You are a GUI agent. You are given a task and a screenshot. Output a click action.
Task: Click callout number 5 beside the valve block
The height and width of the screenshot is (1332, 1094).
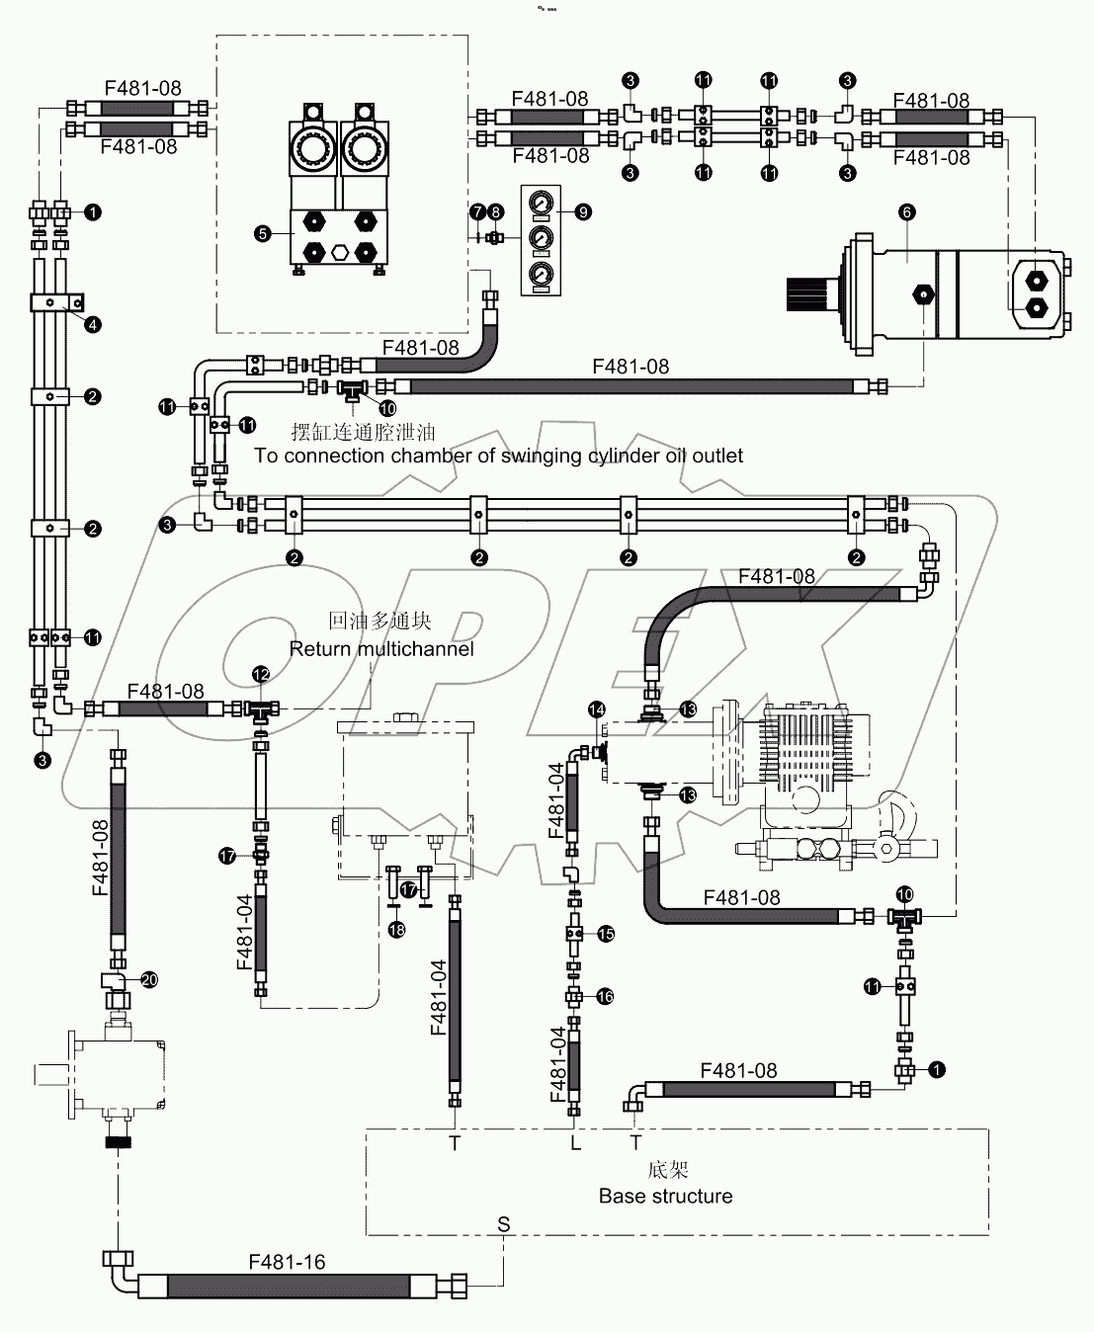click(x=262, y=234)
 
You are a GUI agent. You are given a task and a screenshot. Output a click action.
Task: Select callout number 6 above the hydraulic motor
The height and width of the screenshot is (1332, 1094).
click(x=907, y=211)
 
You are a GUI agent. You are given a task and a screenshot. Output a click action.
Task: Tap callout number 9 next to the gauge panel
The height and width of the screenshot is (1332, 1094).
click(x=583, y=211)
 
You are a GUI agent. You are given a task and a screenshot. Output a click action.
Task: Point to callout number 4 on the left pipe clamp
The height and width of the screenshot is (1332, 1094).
click(x=91, y=324)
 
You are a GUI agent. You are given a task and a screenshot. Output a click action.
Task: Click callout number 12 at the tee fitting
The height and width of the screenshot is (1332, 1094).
click(x=261, y=673)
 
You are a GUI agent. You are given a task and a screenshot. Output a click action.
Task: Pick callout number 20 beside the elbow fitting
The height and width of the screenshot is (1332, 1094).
click(x=149, y=979)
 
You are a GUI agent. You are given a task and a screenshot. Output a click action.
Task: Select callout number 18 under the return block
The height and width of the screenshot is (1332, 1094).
click(x=396, y=930)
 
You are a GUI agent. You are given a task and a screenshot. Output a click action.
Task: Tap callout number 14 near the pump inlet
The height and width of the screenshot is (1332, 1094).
click(x=596, y=709)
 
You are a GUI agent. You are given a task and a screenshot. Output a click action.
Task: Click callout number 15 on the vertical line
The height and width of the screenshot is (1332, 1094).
click(x=606, y=934)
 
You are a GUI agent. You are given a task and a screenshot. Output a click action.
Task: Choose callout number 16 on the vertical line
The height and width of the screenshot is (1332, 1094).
click(x=606, y=997)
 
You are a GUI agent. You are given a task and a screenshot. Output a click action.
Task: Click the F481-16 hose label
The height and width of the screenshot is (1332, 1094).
click(x=287, y=1262)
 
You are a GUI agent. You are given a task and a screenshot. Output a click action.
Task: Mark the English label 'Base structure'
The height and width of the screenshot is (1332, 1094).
click(x=665, y=1196)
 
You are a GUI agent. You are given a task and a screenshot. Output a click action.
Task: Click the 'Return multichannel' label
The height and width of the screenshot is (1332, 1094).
click(x=381, y=649)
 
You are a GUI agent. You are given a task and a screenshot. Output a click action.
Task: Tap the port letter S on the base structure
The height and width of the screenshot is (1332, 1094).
click(x=503, y=1224)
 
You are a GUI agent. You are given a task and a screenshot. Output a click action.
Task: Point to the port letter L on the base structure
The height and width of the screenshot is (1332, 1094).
click(x=575, y=1143)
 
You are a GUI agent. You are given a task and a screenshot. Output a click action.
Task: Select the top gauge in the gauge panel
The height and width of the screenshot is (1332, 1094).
click(x=541, y=204)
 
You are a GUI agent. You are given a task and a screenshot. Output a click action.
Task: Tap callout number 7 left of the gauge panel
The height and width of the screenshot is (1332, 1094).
click(x=477, y=211)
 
